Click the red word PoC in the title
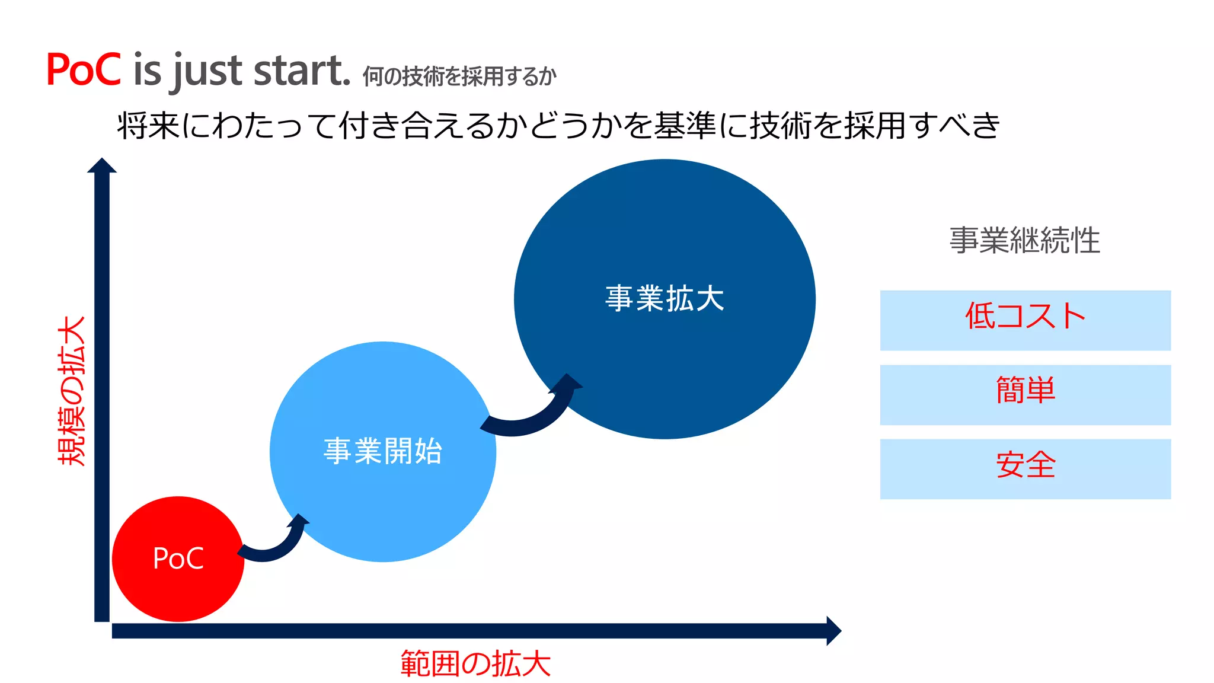[84, 71]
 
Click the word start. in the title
[302, 71]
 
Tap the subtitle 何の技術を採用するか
[459, 76]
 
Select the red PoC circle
[178, 558]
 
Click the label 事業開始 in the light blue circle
[383, 451]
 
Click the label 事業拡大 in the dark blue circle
[664, 298]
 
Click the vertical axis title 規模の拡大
[72, 391]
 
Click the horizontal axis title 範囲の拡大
[475, 663]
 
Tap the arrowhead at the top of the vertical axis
[102, 165]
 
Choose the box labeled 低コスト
[1025, 320]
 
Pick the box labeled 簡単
[1025, 395]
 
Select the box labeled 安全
[1025, 469]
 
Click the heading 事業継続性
[1024, 241]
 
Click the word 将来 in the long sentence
[148, 126]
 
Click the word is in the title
[147, 71]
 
